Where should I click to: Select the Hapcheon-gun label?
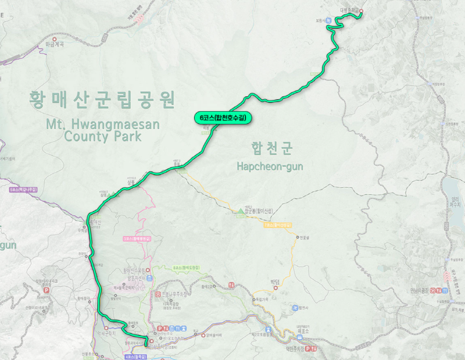click(270, 166)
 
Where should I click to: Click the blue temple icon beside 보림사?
click(328, 22)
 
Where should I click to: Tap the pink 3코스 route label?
click(137, 238)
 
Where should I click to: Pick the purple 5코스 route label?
click(24, 190)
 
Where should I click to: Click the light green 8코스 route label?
click(186, 268)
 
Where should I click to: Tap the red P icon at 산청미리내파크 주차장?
click(45, 289)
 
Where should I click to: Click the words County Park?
click(103, 138)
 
